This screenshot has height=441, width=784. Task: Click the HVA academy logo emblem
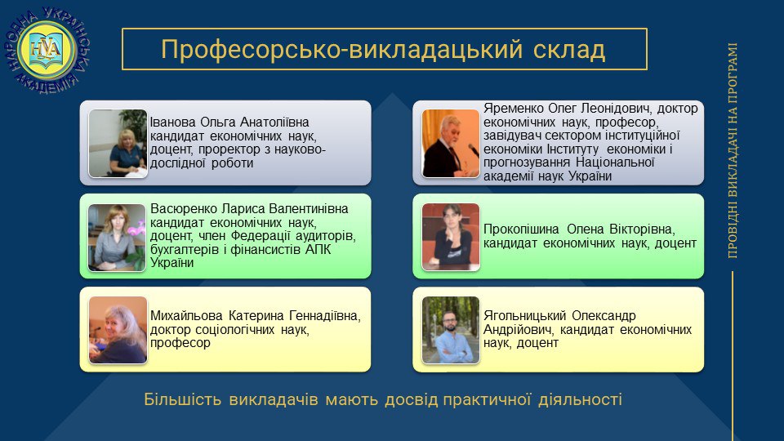[x=47, y=50]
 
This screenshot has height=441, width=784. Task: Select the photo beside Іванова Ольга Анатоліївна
[x=118, y=144]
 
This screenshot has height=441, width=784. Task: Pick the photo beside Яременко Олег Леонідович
[x=451, y=144]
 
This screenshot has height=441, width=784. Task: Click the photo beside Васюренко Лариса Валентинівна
[x=117, y=238]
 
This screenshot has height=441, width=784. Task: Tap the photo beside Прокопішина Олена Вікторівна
[x=451, y=237]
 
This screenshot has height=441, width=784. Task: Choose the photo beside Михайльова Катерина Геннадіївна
[x=118, y=330]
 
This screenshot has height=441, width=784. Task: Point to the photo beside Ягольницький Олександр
[x=451, y=330]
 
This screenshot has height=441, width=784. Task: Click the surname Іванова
[x=173, y=122]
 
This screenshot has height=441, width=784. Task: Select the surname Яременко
[x=514, y=109]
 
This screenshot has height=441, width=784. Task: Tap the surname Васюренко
[x=184, y=208]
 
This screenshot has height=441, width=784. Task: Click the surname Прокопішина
[x=521, y=229]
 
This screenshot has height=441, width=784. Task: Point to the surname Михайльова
[x=186, y=315]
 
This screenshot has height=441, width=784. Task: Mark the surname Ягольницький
[x=524, y=315]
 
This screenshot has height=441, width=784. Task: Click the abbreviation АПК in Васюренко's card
[x=318, y=249]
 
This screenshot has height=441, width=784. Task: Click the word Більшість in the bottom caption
[x=182, y=399]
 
